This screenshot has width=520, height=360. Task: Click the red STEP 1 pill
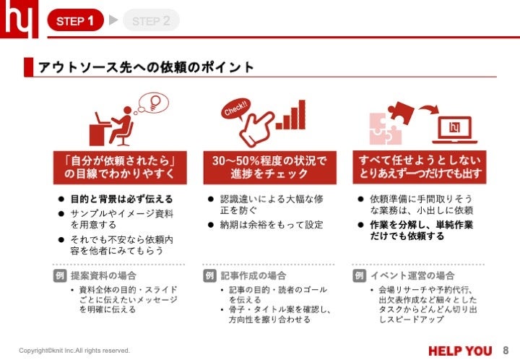pyautogui.click(x=76, y=20)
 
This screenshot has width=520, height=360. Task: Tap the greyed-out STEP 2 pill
pyautogui.click(x=151, y=20)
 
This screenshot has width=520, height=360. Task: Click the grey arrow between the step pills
pyautogui.click(x=113, y=20)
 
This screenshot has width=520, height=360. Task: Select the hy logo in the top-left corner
pyautogui.click(x=19, y=19)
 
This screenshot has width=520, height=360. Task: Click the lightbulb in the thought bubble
pyautogui.click(x=155, y=102)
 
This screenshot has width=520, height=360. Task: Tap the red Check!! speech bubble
pyautogui.click(x=235, y=108)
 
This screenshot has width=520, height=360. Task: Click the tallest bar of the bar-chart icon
pyautogui.click(x=301, y=114)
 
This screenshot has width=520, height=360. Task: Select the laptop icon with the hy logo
pyautogui.click(x=455, y=129)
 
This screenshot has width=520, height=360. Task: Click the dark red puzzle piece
pyautogui.click(x=402, y=112)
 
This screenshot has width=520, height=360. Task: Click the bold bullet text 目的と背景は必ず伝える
pyautogui.click(x=122, y=199)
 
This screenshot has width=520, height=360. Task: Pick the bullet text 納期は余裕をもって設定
pyautogui.click(x=272, y=225)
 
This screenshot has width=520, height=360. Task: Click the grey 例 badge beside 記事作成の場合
pyautogui.click(x=209, y=275)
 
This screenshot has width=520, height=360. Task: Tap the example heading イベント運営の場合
pyautogui.click(x=412, y=275)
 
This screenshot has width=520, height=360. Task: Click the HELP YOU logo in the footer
pyautogui.click(x=460, y=351)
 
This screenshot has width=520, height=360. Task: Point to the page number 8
pyautogui.click(x=506, y=351)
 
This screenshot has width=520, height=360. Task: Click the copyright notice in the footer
pyautogui.click(x=74, y=351)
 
